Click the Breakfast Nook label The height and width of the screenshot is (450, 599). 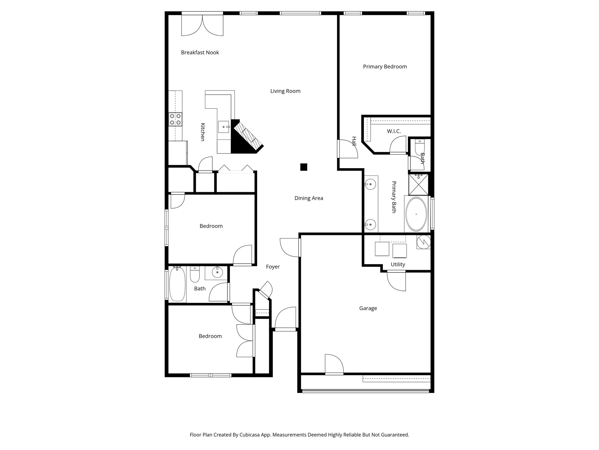coord(200,52)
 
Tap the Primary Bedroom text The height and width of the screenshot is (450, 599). coord(385,67)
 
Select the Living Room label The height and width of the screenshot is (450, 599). coord(285,91)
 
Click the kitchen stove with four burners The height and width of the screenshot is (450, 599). coord(175,119)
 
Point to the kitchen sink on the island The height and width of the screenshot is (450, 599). coord(224,127)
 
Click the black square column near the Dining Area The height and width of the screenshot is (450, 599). coord(304,167)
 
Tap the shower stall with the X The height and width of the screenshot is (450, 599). coord(418,185)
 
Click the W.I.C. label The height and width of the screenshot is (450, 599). coord(394,131)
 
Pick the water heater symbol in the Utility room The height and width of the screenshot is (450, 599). coord(423,242)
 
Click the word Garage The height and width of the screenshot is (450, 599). coord(368,308)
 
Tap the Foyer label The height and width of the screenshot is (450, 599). coord(273,267)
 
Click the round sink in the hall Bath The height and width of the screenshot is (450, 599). coord(217,272)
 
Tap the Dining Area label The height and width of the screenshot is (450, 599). coord(309,198)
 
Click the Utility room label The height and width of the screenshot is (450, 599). coord(398,264)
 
